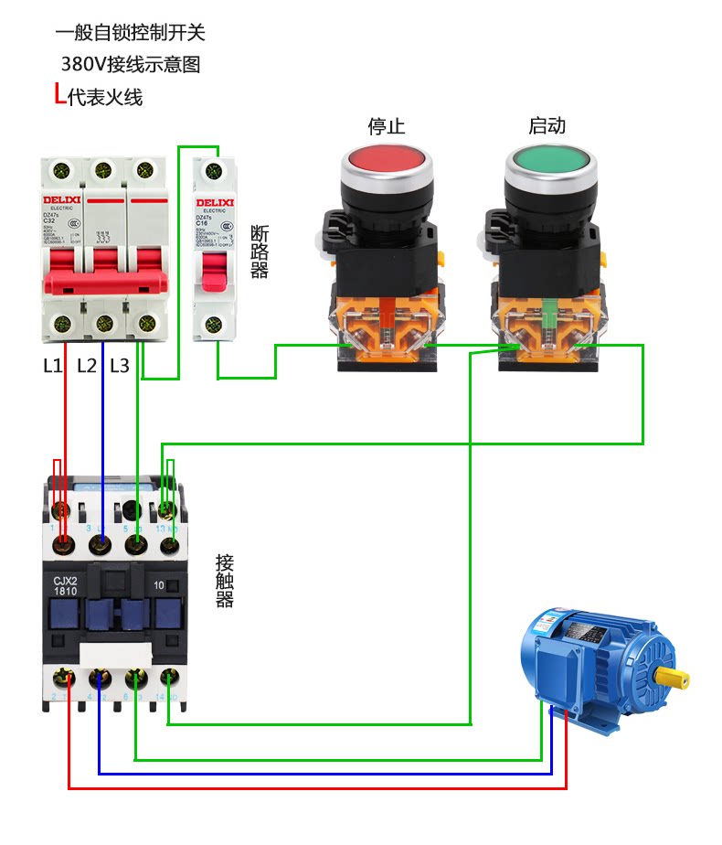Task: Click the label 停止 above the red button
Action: tap(386, 126)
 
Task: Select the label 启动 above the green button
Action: tap(547, 126)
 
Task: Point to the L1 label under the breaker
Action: tap(53, 366)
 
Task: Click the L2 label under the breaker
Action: tap(87, 366)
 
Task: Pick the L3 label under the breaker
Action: tap(120, 366)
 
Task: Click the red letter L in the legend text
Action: tap(59, 94)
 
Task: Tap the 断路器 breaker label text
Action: tap(260, 251)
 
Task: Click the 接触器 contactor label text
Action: tap(225, 581)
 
